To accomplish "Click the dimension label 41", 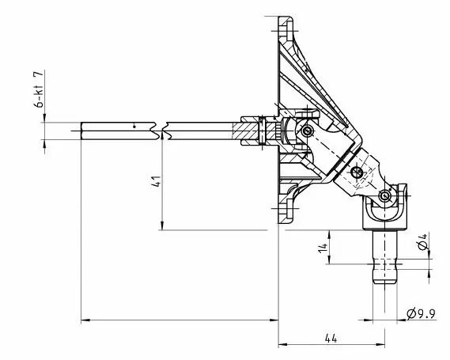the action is point(156,181).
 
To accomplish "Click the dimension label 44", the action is point(331,339).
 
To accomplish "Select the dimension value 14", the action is point(323,248).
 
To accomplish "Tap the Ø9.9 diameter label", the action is point(422,314).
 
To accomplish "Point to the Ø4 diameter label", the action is point(422,241).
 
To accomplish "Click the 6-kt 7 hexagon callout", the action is point(39,89).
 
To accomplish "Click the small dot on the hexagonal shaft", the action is point(134,127).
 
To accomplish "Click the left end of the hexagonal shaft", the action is point(81,131).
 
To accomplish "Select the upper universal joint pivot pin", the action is point(307,131).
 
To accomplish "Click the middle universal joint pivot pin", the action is point(357,172).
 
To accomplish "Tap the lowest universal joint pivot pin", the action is point(384,196).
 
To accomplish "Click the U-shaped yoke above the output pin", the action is point(384,213).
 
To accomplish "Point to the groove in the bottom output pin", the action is point(384,264).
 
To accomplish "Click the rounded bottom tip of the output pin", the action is point(384,282).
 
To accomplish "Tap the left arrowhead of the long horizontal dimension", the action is point(85,320).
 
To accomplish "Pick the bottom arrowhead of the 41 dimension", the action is point(162,225).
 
